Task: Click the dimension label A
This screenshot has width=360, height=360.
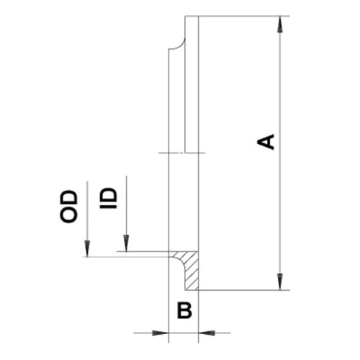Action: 266,142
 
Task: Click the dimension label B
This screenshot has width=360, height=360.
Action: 184,310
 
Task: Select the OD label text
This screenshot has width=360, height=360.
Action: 69,207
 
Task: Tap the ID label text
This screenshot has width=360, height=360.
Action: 108,198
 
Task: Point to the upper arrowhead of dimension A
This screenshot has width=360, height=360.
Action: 279,24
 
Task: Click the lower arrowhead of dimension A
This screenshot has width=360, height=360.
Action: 279,282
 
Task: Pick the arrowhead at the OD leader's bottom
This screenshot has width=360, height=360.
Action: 87,249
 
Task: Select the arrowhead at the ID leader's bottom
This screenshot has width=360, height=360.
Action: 126,243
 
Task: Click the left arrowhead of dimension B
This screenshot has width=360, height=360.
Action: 161,333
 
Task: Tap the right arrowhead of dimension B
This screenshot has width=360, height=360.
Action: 207,333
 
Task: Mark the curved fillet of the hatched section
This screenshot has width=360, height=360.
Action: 180,262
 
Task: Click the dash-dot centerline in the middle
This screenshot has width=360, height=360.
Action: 182,153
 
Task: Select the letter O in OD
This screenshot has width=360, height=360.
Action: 69,215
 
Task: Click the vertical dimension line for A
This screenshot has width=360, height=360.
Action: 280,153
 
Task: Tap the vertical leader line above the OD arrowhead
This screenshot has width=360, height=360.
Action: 87,211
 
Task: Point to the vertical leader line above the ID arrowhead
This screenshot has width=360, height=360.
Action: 126,206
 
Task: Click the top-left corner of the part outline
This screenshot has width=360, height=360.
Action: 185,17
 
